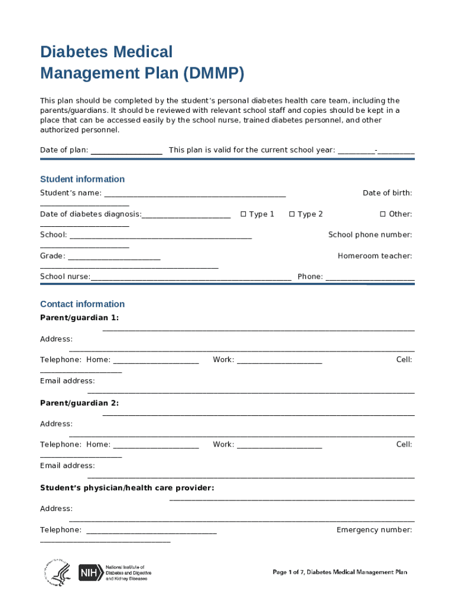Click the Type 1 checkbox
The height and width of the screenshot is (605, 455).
tap(243, 214)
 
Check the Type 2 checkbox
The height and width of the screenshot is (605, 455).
tap(292, 214)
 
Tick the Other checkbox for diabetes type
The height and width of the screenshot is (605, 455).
tap(382, 214)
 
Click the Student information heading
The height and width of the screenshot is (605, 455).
tap(82, 179)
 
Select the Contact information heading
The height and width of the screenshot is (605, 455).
tap(82, 304)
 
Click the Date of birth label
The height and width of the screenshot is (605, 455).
tap(387, 193)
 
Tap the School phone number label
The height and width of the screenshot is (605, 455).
tap(370, 235)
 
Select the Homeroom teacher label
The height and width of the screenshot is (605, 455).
tap(375, 256)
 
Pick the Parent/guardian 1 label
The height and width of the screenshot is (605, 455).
tap(79, 318)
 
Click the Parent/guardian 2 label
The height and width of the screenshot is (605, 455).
tap(79, 403)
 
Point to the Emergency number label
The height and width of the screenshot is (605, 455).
tap(374, 530)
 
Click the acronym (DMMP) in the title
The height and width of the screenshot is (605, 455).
tap(213, 74)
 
